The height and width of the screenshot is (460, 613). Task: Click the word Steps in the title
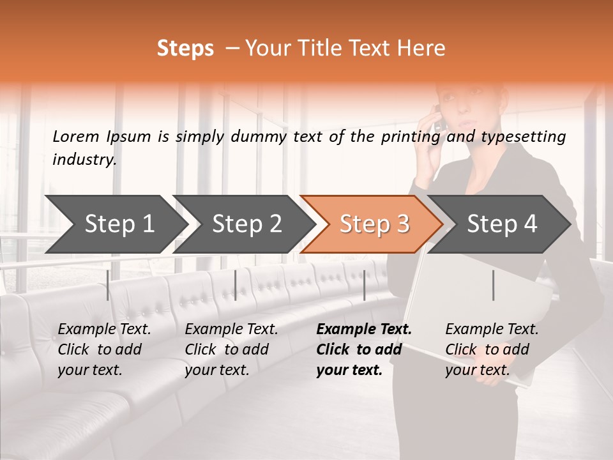coord(185,49)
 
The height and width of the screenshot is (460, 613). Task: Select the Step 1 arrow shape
coord(115,224)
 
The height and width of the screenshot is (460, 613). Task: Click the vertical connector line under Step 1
coord(108,285)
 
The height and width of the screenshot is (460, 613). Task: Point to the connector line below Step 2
coord(236,285)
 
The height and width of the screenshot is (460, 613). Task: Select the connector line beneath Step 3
coord(364,285)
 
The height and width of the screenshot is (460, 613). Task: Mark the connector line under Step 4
coord(493,285)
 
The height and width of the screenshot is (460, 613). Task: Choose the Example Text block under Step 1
coord(104,349)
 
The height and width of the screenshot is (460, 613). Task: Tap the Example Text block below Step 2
coord(231,349)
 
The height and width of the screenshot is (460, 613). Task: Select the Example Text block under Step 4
coord(492,349)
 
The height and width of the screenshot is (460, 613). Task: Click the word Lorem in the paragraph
coord(76,136)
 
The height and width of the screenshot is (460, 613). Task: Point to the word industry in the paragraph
coord(84,159)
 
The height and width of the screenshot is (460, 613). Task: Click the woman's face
coord(463,109)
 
